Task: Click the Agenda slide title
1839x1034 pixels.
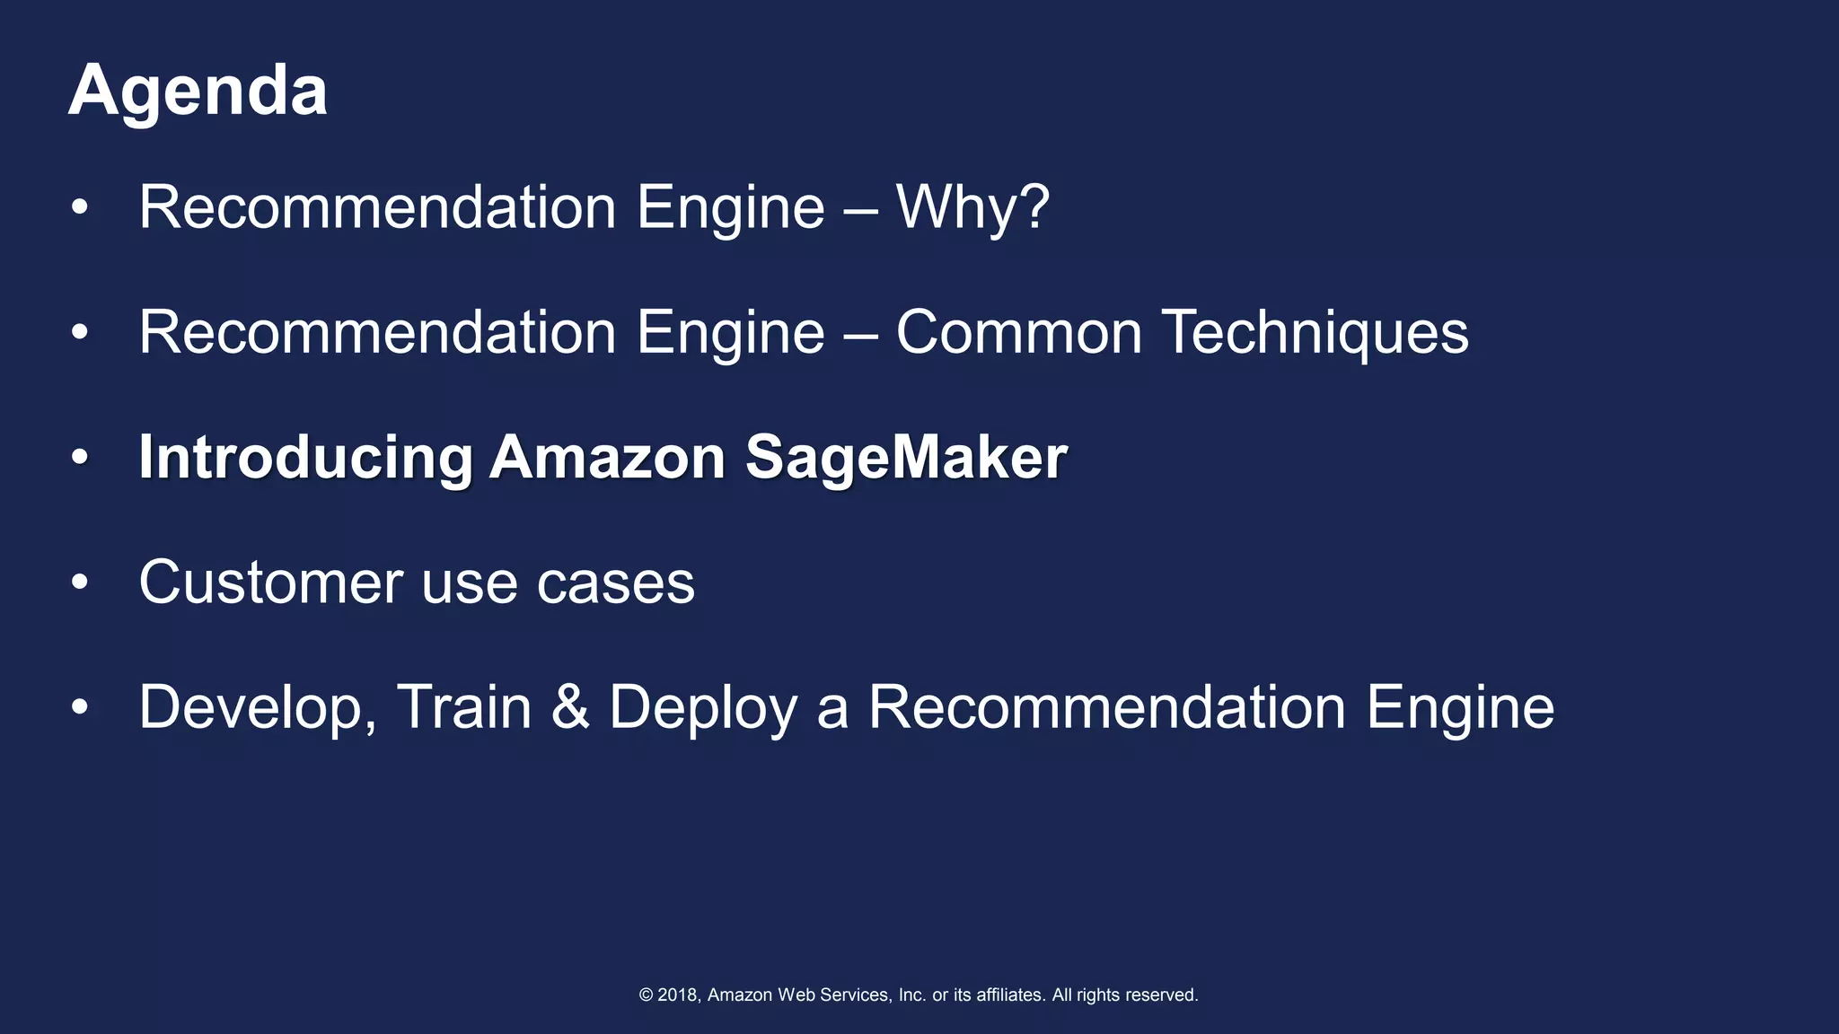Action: tap(198, 92)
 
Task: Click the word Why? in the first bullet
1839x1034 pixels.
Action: tap(972, 208)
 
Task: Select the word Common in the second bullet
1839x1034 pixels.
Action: tap(1018, 333)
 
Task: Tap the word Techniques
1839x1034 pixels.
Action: tap(1315, 333)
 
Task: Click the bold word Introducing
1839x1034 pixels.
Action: tap(305, 458)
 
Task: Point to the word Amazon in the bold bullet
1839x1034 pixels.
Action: tap(607, 458)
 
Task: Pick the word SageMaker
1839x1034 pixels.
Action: tap(906, 458)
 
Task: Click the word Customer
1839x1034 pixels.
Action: tap(270, 583)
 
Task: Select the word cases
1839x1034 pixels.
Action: tap(615, 583)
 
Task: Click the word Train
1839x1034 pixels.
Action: tap(464, 707)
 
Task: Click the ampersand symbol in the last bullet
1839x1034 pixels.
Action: tap(569, 707)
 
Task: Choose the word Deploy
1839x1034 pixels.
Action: tap(703, 708)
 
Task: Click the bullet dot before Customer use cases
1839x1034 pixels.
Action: tap(80, 583)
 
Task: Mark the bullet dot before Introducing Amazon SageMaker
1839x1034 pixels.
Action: tap(80, 458)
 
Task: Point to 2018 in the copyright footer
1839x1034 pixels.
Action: tap(678, 995)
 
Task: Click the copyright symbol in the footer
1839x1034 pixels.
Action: tap(646, 995)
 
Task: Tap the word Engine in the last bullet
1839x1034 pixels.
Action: tap(1460, 708)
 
